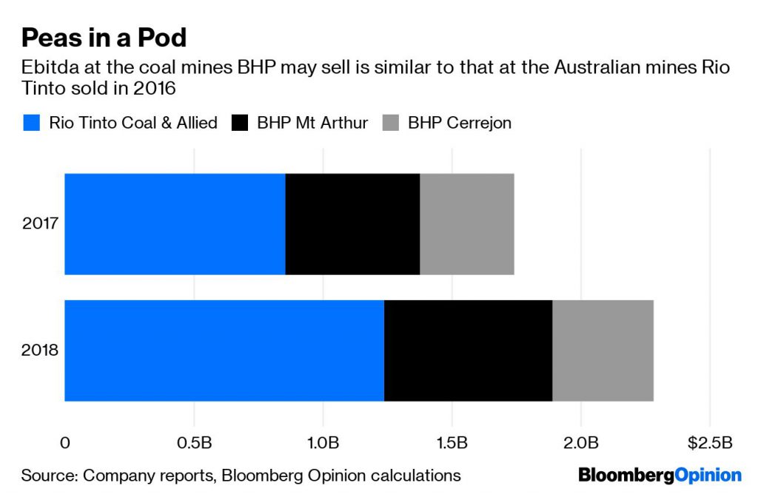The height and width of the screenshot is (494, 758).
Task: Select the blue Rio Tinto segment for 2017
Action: pyautogui.click(x=175, y=224)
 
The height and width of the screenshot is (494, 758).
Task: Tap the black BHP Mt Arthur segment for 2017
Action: pyautogui.click(x=352, y=224)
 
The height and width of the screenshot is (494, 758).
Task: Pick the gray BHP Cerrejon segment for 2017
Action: pyautogui.click(x=466, y=224)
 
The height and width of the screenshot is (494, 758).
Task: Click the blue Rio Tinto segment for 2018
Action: pyautogui.click(x=224, y=351)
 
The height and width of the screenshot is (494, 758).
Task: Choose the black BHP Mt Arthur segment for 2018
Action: pyautogui.click(x=468, y=351)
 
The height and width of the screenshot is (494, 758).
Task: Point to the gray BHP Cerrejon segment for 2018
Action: pyautogui.click(x=603, y=351)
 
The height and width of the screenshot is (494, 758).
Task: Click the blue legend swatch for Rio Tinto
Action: pyautogui.click(x=31, y=123)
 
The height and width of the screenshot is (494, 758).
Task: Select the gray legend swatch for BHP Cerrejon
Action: pyautogui.click(x=390, y=123)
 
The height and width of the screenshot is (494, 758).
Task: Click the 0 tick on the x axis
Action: pyautogui.click(x=65, y=443)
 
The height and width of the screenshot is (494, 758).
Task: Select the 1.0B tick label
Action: pyautogui.click(x=323, y=443)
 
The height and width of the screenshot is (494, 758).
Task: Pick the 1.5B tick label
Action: pyautogui.click(x=452, y=443)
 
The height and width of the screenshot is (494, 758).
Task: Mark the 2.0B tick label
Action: pyautogui.click(x=580, y=443)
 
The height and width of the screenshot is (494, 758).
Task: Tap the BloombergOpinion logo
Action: pyautogui.click(x=660, y=475)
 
